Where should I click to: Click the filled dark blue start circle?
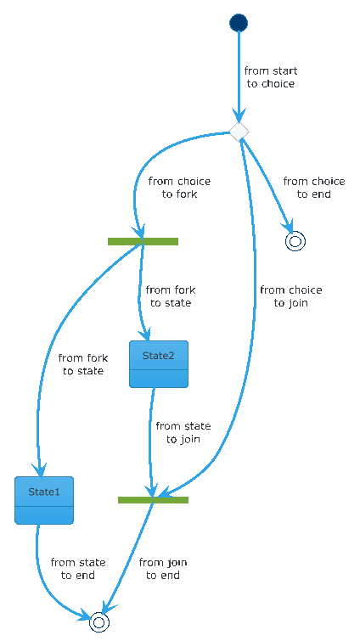(239, 22)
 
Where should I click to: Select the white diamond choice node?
(239, 132)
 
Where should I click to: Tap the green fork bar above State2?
(143, 241)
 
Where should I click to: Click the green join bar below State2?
(153, 499)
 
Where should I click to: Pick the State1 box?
(44, 500)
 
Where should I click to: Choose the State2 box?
(159, 364)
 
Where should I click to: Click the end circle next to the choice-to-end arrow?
(295, 241)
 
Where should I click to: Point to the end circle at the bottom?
(98, 621)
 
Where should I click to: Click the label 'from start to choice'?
(271, 77)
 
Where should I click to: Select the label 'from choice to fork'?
(179, 188)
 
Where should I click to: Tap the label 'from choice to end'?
(314, 188)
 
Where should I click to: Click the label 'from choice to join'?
(291, 296)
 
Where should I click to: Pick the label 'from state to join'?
(183, 432)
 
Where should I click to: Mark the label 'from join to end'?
(163, 569)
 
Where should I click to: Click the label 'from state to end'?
(78, 569)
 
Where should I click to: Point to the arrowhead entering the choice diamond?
(239, 115)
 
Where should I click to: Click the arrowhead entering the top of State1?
(40, 470)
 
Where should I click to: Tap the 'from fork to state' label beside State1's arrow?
(83, 364)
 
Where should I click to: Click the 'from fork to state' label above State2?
(171, 296)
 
